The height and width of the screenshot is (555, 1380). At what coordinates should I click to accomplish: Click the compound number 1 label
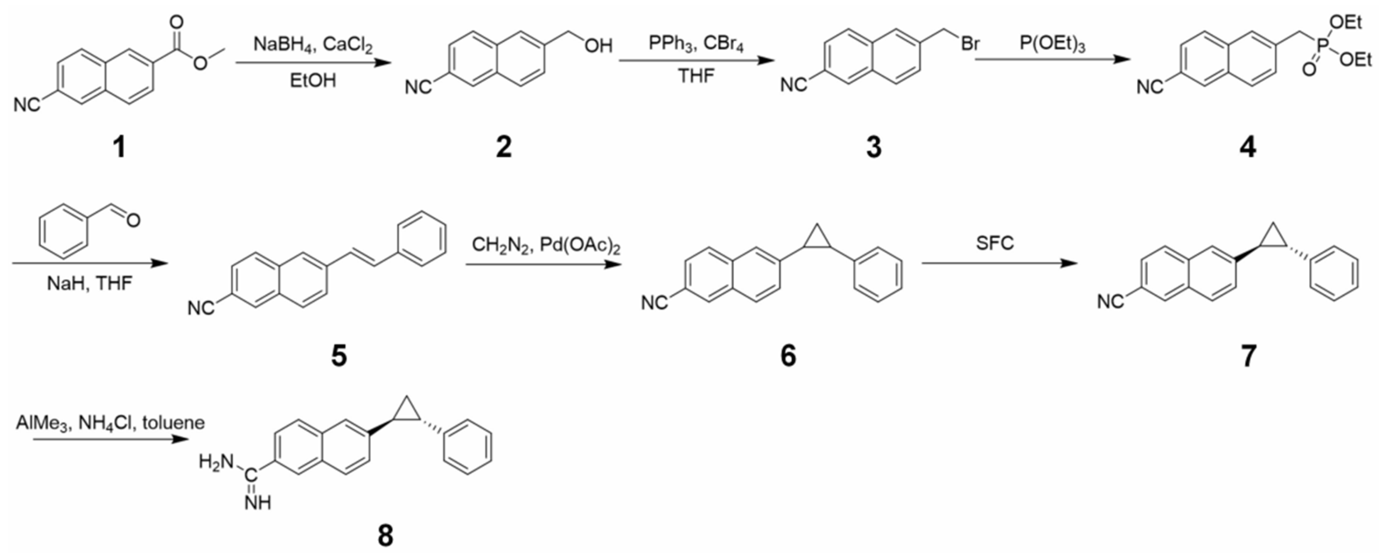[119, 146]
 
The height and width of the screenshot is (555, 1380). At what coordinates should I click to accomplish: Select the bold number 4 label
[1247, 146]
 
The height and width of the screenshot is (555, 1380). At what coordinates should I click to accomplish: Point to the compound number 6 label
[788, 355]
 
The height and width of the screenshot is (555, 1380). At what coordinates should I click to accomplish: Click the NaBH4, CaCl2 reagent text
[314, 44]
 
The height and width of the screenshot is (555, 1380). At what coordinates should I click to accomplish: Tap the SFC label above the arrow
[995, 243]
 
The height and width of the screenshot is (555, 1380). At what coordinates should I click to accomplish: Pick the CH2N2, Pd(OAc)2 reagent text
[546, 246]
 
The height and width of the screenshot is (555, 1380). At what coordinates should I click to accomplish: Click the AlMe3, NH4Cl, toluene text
[110, 422]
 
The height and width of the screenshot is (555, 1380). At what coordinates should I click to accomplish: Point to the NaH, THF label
[90, 283]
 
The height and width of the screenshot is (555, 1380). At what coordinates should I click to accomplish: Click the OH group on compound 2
[598, 46]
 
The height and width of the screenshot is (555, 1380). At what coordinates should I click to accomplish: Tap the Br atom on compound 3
[970, 44]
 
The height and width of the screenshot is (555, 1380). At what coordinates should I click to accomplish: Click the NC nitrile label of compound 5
[201, 308]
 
